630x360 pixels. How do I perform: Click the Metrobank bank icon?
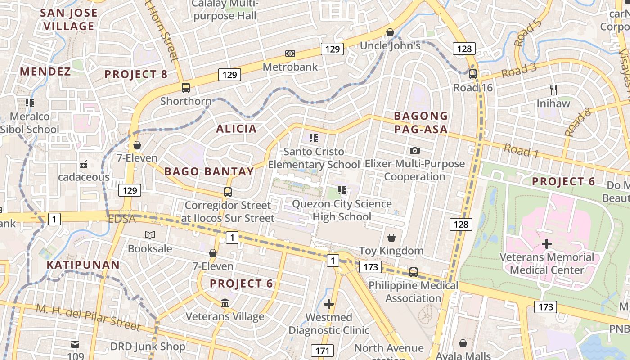pos(290,54)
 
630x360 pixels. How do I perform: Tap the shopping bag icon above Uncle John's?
pos(390,32)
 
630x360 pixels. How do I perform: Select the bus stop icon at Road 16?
pos(473,74)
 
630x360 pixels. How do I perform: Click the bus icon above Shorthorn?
pos(186,88)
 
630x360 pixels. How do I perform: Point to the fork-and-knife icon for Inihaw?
pos(553,90)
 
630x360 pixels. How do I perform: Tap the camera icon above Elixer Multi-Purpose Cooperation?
pos(414,150)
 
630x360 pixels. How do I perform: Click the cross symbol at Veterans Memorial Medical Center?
pos(547,244)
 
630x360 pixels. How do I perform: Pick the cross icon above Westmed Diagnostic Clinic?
pos(329,304)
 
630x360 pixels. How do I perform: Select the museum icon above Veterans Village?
pos(225,303)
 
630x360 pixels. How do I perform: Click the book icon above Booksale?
pos(150,235)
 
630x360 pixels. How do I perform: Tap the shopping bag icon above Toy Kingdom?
pos(391,237)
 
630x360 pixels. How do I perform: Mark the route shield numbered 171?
pos(322,351)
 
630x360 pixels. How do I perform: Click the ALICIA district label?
pos(236,129)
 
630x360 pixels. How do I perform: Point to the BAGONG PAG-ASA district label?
pos(421,123)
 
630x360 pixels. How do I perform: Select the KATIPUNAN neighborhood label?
pos(83,265)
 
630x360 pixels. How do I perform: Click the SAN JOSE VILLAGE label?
pos(69,19)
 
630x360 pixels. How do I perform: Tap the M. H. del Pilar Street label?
pos(88,317)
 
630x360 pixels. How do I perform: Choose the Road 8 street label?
pos(577,122)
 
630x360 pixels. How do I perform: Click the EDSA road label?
pos(121,219)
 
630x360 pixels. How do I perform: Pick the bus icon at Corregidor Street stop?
pos(228,192)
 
